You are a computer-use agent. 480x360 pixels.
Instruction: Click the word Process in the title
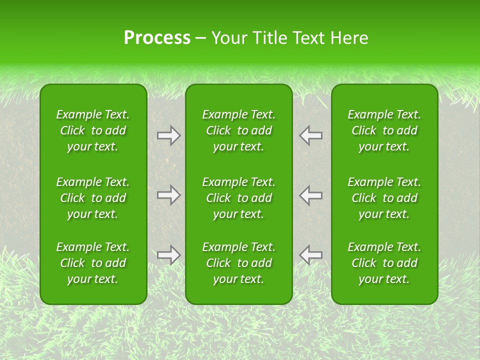pyautogui.click(x=157, y=38)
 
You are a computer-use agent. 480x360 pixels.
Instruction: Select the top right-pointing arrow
pyautogui.click(x=168, y=135)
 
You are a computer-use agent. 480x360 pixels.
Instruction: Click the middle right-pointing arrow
pyautogui.click(x=168, y=195)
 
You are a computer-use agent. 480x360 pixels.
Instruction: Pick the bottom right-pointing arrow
pyautogui.click(x=168, y=254)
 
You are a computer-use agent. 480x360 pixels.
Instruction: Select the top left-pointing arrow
pyautogui.click(x=310, y=135)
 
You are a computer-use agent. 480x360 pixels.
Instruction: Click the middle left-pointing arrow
pyautogui.click(x=310, y=195)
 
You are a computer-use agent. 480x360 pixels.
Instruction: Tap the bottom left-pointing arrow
pyautogui.click(x=310, y=254)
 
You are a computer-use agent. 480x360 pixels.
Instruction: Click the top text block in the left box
pyautogui.click(x=93, y=130)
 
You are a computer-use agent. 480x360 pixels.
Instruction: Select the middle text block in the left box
pyautogui.click(x=93, y=198)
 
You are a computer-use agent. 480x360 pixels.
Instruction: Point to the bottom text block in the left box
pyautogui.click(x=93, y=263)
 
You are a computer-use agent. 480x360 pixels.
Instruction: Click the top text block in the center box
pyautogui.click(x=238, y=130)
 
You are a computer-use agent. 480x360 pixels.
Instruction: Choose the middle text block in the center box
pyautogui.click(x=238, y=198)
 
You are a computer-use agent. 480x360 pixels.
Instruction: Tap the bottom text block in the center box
pyautogui.click(x=238, y=263)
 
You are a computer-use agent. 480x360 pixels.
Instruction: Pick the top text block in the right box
pyautogui.click(x=384, y=130)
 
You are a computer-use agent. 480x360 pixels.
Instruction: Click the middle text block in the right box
pyautogui.click(x=384, y=198)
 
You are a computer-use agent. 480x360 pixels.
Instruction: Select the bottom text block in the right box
pyautogui.click(x=384, y=263)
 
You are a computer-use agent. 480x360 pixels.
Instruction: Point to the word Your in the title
pyautogui.click(x=228, y=38)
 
